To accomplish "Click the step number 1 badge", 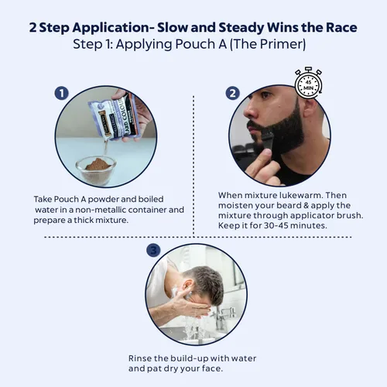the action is coord(62,93).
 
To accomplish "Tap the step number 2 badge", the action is coord(233,93).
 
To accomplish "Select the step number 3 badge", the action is coord(153,250).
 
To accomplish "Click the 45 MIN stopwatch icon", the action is coord(309,84).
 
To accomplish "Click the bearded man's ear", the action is coord(310,108).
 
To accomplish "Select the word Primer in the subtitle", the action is coord(281,44).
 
